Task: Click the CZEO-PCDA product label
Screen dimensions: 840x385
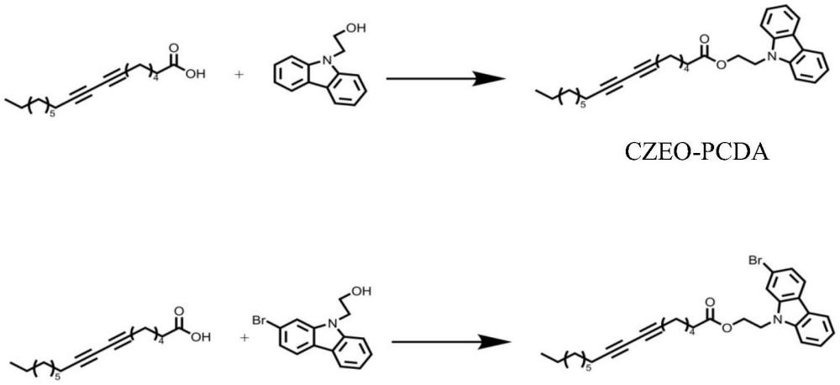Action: [x=697, y=152]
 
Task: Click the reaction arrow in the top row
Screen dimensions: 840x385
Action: [x=446, y=79]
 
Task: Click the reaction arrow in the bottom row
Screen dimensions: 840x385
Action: [x=450, y=341]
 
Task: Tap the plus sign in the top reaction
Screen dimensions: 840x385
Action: [x=239, y=74]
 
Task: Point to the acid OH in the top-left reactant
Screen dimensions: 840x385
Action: [x=196, y=74]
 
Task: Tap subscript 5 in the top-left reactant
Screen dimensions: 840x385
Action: [x=52, y=113]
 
